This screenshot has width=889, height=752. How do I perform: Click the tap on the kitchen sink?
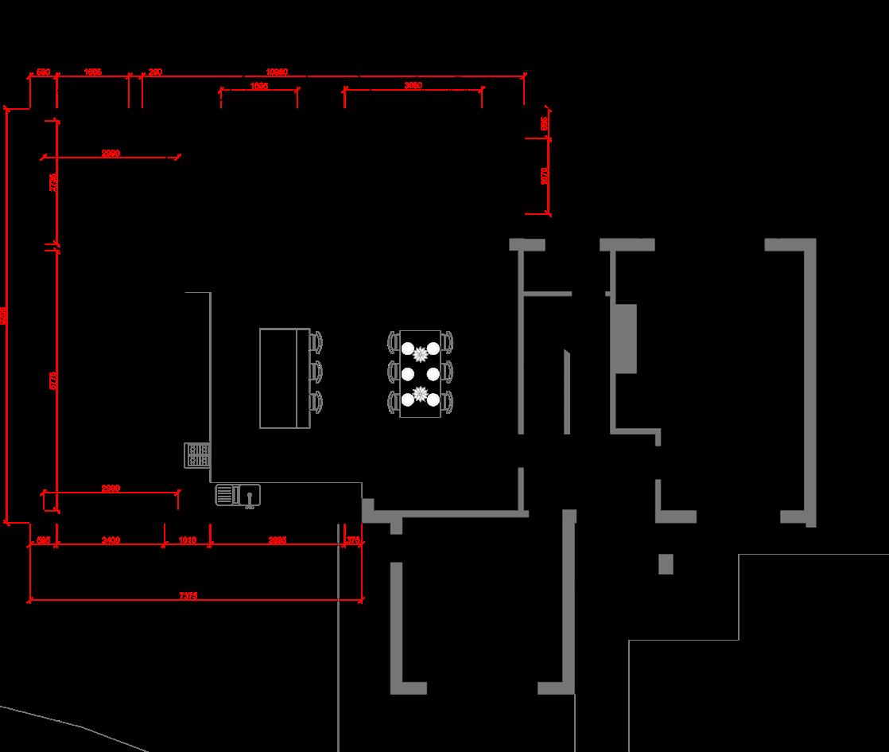[x=250, y=498]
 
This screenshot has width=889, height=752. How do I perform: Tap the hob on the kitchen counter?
[x=196, y=455]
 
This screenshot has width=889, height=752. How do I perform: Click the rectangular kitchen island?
[x=284, y=378]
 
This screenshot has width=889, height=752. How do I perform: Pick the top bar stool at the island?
[x=316, y=341]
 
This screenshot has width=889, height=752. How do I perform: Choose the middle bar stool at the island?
[x=316, y=372]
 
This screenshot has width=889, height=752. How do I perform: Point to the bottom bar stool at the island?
[x=316, y=401]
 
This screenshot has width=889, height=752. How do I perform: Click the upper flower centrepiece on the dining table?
[x=421, y=354]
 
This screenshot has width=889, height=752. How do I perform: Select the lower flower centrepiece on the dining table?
[x=421, y=394]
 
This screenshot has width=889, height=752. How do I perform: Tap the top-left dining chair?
[x=393, y=342]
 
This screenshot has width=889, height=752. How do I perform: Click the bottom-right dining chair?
[x=448, y=401]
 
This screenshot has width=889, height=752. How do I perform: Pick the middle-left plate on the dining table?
[x=408, y=373]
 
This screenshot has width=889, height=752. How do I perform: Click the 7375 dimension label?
[x=188, y=595]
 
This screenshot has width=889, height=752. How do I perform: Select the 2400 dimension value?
[x=111, y=540]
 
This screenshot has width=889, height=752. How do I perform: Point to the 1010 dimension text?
[x=187, y=540]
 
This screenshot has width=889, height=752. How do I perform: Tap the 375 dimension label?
[x=353, y=540]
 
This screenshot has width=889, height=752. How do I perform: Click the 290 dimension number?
[x=155, y=72]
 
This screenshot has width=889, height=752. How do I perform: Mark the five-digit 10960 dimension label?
[x=277, y=72]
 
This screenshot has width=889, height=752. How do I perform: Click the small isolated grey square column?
[x=666, y=563]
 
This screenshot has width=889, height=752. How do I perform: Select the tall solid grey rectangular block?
[x=625, y=338]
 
